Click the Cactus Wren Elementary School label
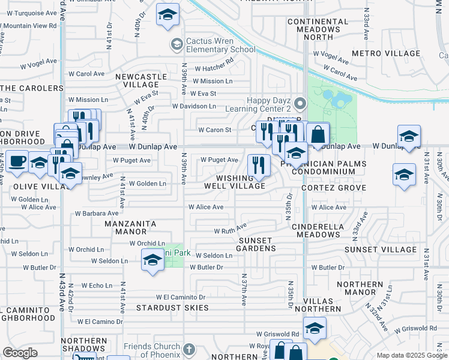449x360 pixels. point(220,45)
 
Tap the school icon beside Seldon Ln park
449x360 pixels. point(152,261)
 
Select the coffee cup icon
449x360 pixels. point(17,162)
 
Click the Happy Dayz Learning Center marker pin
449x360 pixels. point(301,101)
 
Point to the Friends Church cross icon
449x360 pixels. point(188,349)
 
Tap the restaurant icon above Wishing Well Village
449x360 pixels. point(258,165)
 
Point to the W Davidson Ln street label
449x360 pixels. point(194,106)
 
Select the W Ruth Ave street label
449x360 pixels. point(231,229)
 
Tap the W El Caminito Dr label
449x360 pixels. point(181,297)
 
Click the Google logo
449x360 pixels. point(20,353)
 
